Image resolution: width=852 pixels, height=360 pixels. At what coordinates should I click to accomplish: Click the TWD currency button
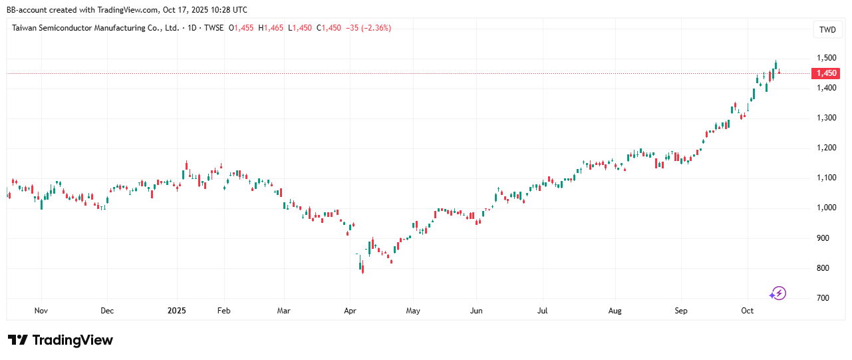click(827, 29)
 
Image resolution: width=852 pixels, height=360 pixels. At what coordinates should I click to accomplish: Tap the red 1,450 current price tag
click(825, 73)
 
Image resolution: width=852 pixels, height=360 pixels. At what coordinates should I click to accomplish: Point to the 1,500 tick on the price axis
click(827, 58)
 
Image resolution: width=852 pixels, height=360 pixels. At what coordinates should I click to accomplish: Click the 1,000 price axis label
click(827, 208)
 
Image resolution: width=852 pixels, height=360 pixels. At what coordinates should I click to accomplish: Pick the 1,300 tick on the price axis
click(827, 118)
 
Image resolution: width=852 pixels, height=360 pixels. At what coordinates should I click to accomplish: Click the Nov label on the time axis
click(41, 310)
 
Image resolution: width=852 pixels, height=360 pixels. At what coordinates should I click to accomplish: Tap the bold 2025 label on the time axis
click(177, 310)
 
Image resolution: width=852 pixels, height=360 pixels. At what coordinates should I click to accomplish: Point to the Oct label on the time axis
click(747, 310)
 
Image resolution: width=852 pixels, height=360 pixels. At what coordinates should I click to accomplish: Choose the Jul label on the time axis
click(542, 310)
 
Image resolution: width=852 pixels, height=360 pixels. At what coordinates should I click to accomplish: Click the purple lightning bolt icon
click(778, 293)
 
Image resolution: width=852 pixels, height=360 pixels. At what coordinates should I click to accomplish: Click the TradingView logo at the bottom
click(61, 340)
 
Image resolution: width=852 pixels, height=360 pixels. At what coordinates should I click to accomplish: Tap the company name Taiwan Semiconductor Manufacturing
click(96, 28)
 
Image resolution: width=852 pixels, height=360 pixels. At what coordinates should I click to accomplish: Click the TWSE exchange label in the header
click(213, 28)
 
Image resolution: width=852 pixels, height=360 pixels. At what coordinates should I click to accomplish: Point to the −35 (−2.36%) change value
click(368, 28)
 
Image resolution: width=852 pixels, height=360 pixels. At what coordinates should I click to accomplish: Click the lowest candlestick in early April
click(362, 268)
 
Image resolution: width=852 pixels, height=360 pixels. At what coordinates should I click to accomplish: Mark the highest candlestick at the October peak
click(776, 65)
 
